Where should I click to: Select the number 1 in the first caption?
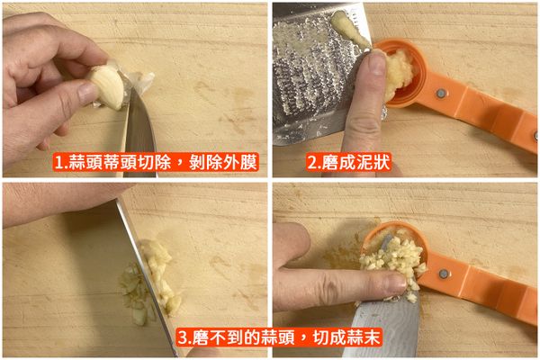click(59, 164)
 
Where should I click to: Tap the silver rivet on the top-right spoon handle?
click(441, 94)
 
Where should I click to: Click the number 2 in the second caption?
click(313, 164)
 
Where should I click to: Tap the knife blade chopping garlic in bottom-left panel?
click(148, 270)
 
